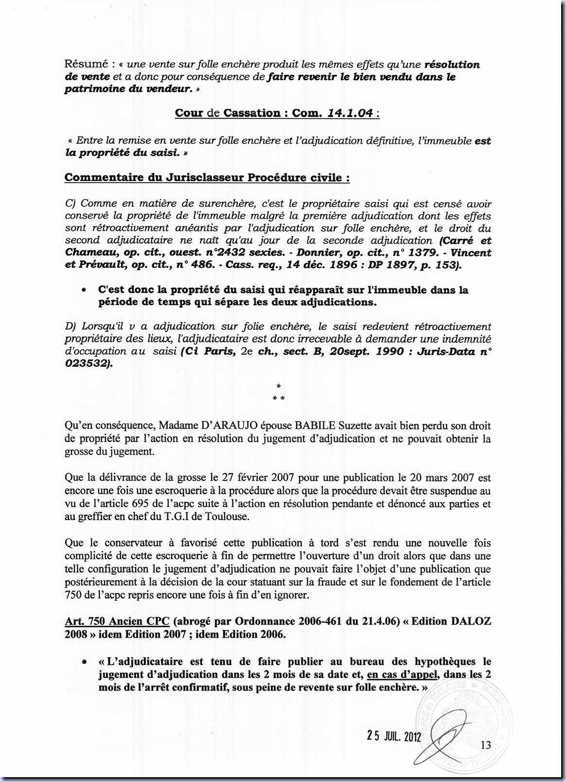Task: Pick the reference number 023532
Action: pos(86,363)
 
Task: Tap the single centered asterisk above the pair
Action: pos(279,387)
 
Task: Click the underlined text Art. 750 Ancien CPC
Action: pos(117,622)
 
